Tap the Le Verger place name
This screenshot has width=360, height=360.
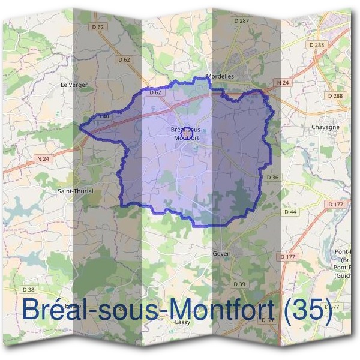(74, 85)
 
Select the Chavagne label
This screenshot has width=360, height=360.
(326, 127)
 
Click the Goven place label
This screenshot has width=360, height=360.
(221, 254)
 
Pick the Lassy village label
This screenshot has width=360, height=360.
(183, 322)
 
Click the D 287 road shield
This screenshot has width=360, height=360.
(242, 20)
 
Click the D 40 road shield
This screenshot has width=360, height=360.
(103, 116)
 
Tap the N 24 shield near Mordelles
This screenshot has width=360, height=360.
(283, 82)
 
